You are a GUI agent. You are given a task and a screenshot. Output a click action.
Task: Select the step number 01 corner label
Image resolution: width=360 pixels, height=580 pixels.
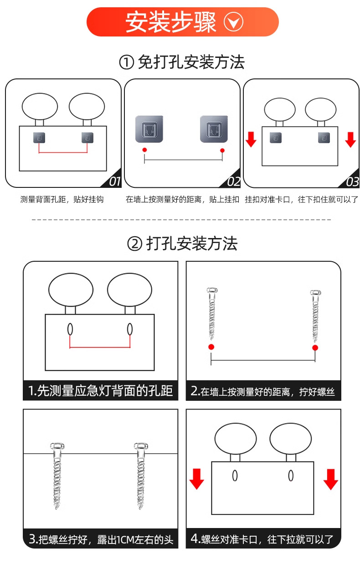(114, 182)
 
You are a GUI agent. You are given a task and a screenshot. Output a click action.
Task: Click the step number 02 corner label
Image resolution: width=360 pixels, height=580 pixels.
(233, 182)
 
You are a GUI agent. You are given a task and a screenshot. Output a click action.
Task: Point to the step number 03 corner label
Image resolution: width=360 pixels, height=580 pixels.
(352, 182)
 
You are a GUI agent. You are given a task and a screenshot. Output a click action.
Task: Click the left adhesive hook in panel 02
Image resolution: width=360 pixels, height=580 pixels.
(149, 129)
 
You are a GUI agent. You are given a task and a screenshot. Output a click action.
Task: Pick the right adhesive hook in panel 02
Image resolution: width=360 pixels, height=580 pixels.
(213, 129)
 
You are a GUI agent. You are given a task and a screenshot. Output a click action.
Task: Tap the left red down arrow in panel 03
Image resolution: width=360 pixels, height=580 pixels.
(251, 139)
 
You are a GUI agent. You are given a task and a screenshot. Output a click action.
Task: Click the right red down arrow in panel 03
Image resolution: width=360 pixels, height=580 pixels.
(350, 139)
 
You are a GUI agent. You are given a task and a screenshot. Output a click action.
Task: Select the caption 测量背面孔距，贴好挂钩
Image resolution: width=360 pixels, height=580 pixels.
(62, 200)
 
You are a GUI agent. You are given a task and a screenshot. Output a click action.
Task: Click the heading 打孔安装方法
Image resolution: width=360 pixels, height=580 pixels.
(182, 244)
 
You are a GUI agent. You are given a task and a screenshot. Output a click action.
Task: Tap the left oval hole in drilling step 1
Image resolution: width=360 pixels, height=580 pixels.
(70, 329)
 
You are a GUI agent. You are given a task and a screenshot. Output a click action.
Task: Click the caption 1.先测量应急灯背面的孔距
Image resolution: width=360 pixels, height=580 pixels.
(100, 391)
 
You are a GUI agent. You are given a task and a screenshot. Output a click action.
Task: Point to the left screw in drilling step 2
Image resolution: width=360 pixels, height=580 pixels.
(211, 314)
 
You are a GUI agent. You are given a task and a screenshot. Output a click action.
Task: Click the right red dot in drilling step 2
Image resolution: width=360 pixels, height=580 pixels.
(315, 348)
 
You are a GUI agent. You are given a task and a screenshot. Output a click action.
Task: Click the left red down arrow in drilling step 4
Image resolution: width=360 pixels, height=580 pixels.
(196, 479)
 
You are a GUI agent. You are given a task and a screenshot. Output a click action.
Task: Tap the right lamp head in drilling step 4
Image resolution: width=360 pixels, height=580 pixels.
(290, 439)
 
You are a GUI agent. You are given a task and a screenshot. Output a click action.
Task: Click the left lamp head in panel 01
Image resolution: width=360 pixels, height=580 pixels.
(40, 106)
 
